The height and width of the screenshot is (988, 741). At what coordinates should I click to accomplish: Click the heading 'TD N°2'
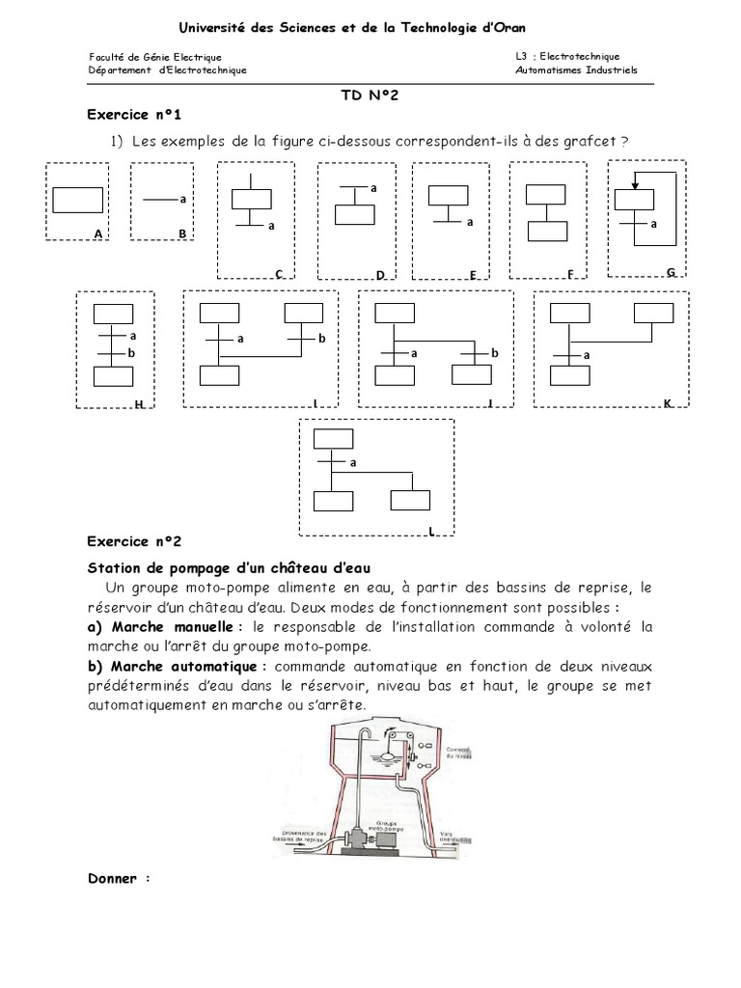[x=370, y=96]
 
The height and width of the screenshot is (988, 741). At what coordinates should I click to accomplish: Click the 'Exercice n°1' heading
[x=134, y=115]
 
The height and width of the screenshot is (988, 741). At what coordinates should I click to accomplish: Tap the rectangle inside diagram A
[x=77, y=200]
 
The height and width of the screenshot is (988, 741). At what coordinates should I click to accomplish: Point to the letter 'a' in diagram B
[x=181, y=199]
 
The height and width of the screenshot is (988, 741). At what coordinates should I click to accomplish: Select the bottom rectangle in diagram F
[x=547, y=232]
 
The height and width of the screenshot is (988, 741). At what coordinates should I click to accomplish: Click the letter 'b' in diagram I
[x=322, y=339]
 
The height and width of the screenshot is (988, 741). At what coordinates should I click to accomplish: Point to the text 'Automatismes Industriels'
[x=577, y=70]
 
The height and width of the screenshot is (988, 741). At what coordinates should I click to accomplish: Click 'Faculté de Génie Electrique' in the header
[x=155, y=57]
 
